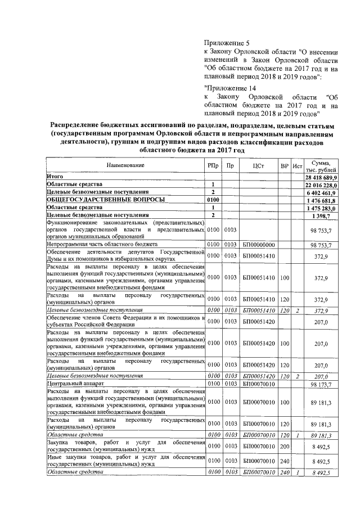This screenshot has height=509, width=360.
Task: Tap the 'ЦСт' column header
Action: pyautogui.click(x=259, y=166)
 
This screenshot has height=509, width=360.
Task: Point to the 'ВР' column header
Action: pyautogui.click(x=285, y=166)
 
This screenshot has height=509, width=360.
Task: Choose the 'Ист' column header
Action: pyautogui.click(x=297, y=166)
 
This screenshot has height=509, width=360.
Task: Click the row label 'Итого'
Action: pyautogui.click(x=55, y=176)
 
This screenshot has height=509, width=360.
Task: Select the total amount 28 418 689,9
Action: pyautogui.click(x=321, y=177)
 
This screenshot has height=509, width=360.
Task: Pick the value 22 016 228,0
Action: pyautogui.click(x=321, y=184)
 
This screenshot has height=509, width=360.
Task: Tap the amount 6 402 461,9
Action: pyautogui.click(x=322, y=192)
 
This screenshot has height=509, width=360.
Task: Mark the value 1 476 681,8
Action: pyautogui.click(x=323, y=200)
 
